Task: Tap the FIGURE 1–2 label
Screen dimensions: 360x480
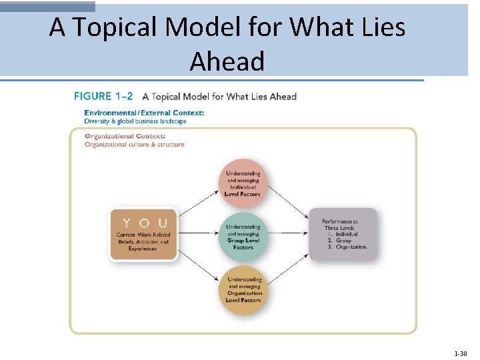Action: pos(103,97)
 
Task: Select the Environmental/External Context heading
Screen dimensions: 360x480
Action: pos(144,113)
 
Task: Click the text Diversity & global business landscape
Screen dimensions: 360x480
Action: pos(135,121)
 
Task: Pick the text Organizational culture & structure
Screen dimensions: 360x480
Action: pos(134,145)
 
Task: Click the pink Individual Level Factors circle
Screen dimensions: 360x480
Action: pos(243,183)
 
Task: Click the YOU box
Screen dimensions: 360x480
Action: pos(143,235)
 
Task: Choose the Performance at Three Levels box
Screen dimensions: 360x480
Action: pos(343,233)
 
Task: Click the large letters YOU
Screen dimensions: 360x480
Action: pos(143,223)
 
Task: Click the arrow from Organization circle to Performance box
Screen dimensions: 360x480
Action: pos(289,265)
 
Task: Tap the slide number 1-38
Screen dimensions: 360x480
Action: pos(460,353)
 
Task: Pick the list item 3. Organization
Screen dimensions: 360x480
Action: pos(347,247)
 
